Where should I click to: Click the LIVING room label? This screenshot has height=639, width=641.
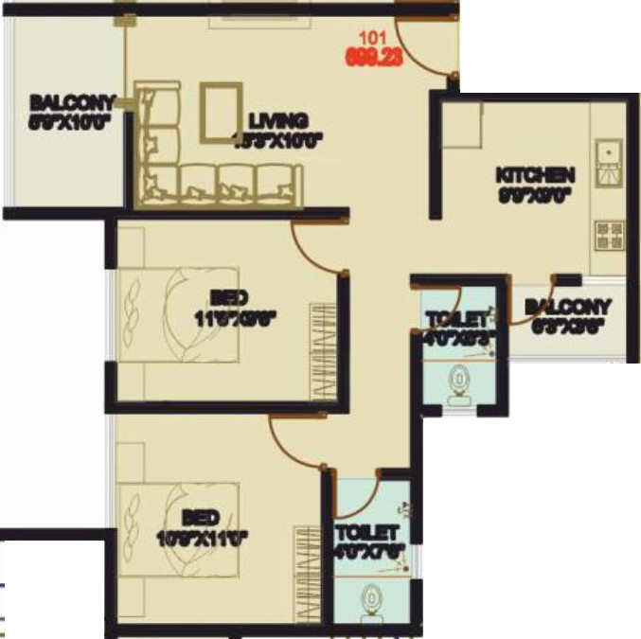tap(278, 121)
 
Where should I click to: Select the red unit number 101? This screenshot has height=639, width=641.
tap(371, 39)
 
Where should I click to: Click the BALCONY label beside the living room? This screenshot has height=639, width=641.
tap(72, 102)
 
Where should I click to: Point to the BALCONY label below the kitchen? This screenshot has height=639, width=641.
tap(567, 308)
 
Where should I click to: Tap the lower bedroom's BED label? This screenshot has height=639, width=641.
tap(201, 518)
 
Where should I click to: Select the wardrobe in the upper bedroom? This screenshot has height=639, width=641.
tap(324, 350)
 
